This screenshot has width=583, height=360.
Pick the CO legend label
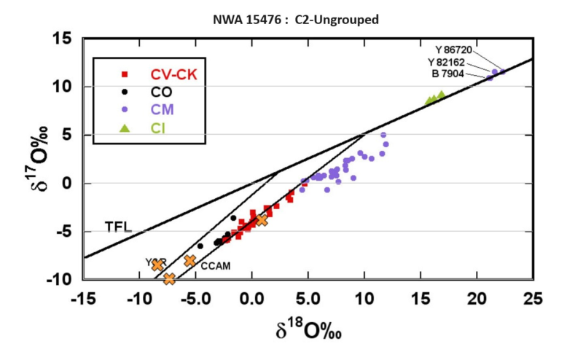[162, 92]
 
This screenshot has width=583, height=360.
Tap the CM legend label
[162, 110]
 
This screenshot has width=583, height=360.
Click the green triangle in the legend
[125, 128]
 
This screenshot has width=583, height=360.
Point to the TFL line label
[116, 227]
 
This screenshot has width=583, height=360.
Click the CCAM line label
[215, 266]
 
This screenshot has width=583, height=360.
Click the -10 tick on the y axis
[63, 280]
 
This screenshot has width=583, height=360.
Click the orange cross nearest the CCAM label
[190, 260]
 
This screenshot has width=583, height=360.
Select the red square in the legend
[125, 74]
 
